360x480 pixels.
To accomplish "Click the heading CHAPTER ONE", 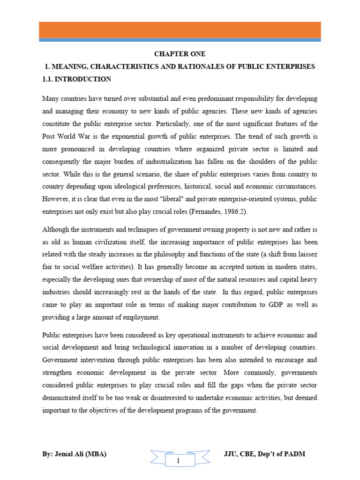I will click(x=180, y=54).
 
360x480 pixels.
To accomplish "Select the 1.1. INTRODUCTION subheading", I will click(x=76, y=79).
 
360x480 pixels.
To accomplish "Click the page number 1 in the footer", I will click(x=178, y=461).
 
